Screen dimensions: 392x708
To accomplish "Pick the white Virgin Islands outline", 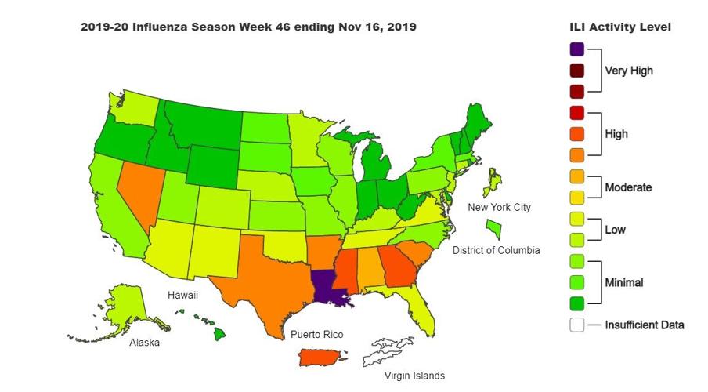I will pos(392,349).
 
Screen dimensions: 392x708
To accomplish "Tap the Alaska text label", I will pos(146,343).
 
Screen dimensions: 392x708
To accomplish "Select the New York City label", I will pos(499,207).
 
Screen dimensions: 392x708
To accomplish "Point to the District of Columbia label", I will pos(496,250).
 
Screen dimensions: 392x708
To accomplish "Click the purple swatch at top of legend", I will pos(577,49).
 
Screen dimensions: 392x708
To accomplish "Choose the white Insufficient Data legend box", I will pos(577,325).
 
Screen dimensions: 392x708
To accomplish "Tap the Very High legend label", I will pos(628,71).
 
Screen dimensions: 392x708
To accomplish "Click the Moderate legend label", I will pos(628,187).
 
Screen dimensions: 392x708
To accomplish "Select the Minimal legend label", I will pos(625,281).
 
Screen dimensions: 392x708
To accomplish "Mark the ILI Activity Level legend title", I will pos(619,27).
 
